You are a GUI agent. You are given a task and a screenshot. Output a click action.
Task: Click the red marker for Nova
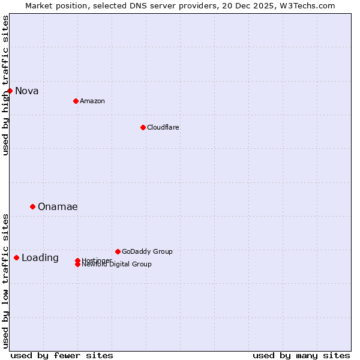[x=10, y=91]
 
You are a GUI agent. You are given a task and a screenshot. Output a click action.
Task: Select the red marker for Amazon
[x=76, y=101]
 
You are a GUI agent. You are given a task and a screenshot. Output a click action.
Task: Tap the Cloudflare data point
[x=143, y=127]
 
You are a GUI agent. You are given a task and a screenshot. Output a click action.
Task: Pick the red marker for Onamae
[x=32, y=206]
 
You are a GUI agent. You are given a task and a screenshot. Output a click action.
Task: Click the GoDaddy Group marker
[x=118, y=251]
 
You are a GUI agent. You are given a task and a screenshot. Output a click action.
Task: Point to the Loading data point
[x=16, y=257]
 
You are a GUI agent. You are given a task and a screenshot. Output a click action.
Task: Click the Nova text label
[x=27, y=91]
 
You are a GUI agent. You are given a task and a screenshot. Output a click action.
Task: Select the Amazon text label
[x=92, y=101]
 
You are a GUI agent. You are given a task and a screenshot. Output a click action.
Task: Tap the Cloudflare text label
[x=163, y=127]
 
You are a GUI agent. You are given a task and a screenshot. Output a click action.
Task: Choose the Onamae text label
[x=58, y=207]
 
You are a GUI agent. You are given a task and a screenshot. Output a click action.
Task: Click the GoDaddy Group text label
[x=147, y=251]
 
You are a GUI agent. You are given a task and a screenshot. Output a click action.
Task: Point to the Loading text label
[x=40, y=258]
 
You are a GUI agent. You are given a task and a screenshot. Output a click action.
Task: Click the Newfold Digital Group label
[x=117, y=265]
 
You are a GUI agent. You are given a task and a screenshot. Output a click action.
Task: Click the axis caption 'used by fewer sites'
[x=62, y=355]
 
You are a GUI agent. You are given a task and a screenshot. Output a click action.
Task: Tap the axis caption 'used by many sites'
[x=301, y=355]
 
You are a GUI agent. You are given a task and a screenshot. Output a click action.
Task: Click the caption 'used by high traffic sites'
[x=5, y=85]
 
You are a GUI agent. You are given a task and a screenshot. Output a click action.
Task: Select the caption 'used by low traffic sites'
[x=5, y=280]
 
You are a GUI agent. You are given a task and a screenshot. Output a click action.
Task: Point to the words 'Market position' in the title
[x=52, y=5]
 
